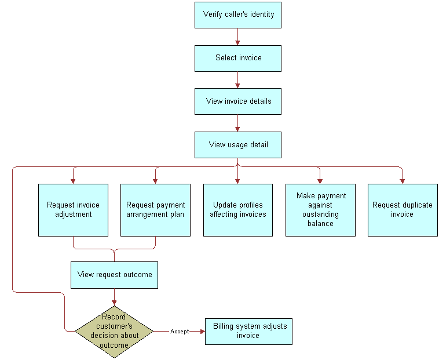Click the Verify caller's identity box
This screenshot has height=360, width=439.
tap(238, 14)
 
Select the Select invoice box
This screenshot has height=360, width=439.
tap(238, 58)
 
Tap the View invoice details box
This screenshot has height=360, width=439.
tap(238, 101)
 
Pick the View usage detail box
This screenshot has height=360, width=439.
tap(238, 144)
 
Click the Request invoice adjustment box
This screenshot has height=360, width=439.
tap(73, 210)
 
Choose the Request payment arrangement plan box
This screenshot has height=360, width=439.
tap(155, 210)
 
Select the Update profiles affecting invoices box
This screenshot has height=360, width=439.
tap(238, 210)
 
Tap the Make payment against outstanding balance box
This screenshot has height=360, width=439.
tap(320, 210)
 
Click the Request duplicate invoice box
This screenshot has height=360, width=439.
tap(403, 210)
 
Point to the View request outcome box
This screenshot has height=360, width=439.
tap(114, 275)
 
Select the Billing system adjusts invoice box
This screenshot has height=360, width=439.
tap(249, 331)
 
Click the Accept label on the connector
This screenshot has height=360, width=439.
tap(180, 332)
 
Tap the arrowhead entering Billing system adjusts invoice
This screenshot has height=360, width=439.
tap(202, 332)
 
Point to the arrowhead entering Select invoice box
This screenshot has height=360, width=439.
tap(237, 42)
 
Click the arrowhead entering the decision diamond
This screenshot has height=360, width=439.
tap(114, 302)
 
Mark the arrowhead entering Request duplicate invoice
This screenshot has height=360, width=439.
tap(403, 181)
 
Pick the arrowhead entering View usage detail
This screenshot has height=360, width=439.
tap(237, 129)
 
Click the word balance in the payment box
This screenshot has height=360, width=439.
tap(320, 224)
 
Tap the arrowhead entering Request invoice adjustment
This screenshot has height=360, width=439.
tap(73, 181)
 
